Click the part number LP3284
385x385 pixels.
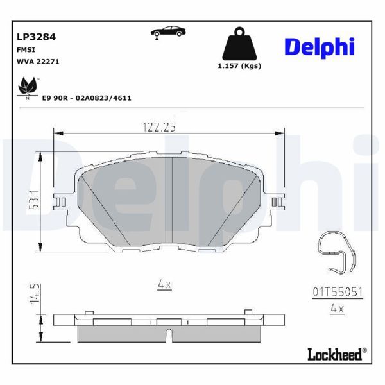[x=36, y=37]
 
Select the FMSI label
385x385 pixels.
[x=26, y=49]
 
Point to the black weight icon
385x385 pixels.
[x=239, y=44]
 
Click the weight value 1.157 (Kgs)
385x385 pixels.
[x=239, y=66]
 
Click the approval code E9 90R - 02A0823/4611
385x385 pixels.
[x=87, y=99]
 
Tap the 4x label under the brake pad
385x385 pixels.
[x=164, y=283]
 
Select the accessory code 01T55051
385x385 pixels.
[x=338, y=291]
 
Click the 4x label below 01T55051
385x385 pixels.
[x=337, y=308]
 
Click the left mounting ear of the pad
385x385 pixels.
[x=62, y=201]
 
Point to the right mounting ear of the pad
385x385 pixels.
[x=278, y=201]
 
